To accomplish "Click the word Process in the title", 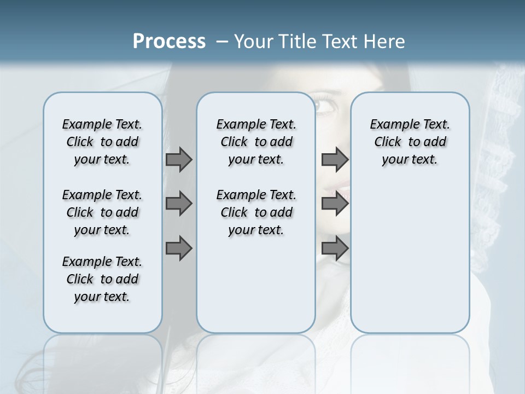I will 169,42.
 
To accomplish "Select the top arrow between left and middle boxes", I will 179,159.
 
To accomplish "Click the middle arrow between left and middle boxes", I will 179,204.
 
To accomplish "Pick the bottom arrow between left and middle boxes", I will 179,248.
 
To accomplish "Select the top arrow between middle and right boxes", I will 335,159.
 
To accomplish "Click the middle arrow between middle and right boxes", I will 335,204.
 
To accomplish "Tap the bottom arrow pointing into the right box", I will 335,248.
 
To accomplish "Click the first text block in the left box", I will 102,142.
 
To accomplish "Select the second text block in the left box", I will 102,212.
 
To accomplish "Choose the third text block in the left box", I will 102,279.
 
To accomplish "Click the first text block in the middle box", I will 256,142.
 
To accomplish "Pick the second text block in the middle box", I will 256,212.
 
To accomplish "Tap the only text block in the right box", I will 410,142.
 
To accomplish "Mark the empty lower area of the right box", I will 410,263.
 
